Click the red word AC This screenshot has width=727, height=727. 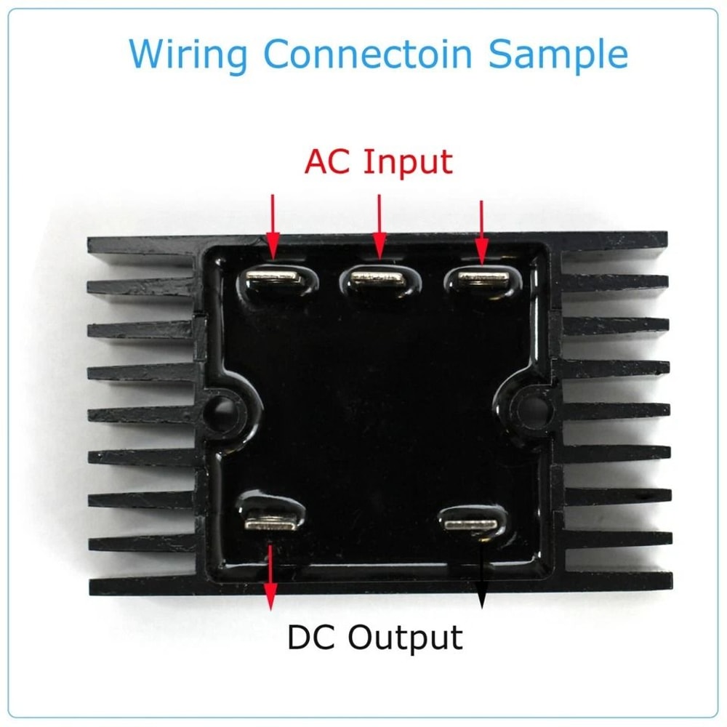pyautogui.click(x=329, y=161)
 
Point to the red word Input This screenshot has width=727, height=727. pyautogui.click(x=407, y=162)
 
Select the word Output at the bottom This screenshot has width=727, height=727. pyautogui.click(x=404, y=638)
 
